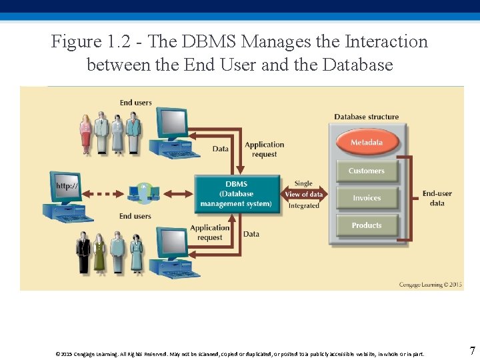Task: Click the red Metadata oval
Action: point(367,143)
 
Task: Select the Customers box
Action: point(367,171)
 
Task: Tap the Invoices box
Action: point(367,198)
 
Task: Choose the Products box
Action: point(367,225)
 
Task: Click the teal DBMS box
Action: point(237,194)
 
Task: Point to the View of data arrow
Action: point(304,194)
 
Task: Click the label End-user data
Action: point(437,198)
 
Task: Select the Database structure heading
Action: point(367,117)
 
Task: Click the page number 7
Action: point(472,351)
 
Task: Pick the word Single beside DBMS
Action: point(303,183)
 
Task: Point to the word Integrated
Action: point(304,206)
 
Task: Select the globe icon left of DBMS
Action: point(145,193)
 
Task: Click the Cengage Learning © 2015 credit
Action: point(430,285)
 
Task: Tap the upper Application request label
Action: point(264,149)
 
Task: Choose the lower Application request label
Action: point(209,233)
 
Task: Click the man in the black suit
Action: point(83,251)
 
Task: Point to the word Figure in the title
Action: point(75,41)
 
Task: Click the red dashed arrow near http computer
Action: point(106,194)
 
